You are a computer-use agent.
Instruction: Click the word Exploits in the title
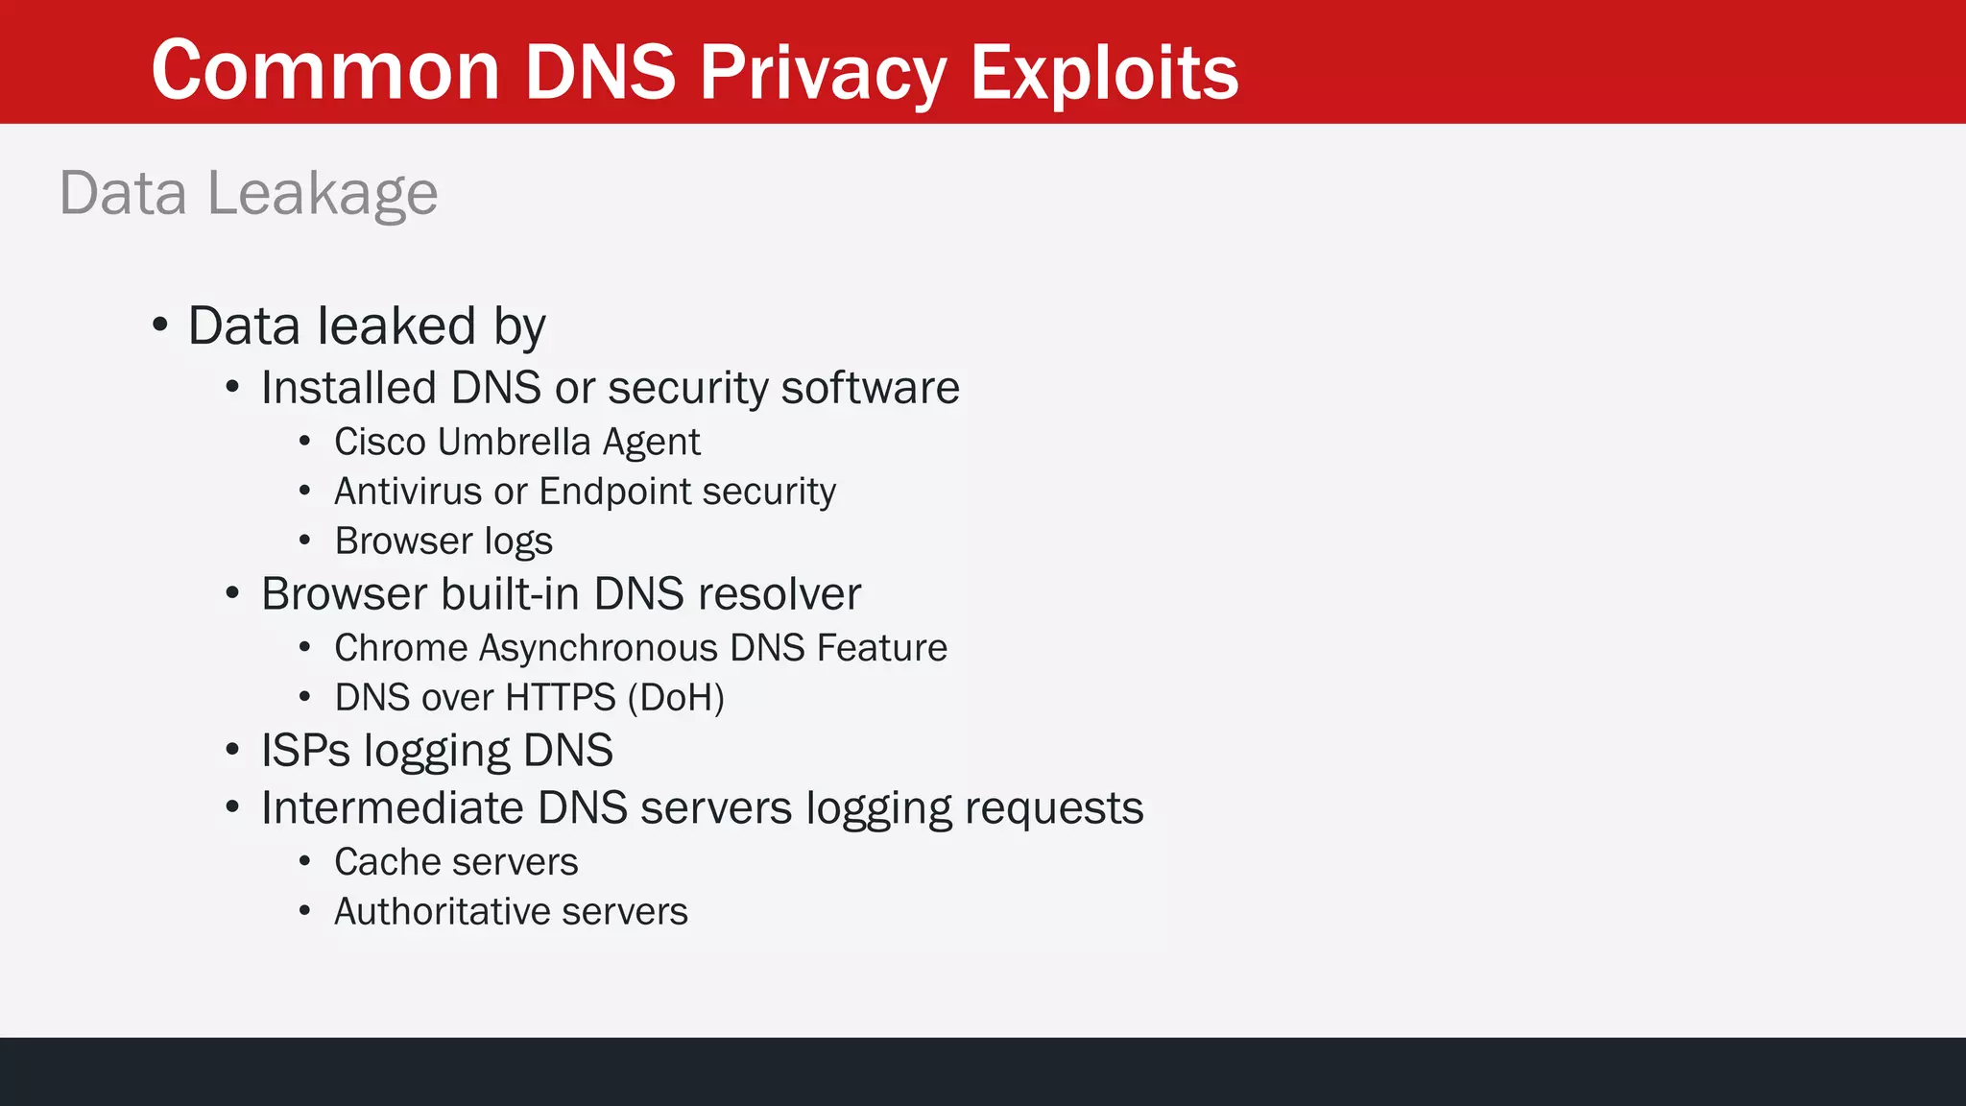pyautogui.click(x=1104, y=72)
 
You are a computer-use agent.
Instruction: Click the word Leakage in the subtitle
pyautogui.click(x=323, y=194)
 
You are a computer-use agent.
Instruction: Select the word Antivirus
pyautogui.click(x=408, y=492)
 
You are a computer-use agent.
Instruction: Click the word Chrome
pyautogui.click(x=400, y=648)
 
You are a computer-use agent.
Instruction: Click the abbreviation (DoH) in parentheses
pyautogui.click(x=676, y=698)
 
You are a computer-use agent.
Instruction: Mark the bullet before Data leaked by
pyautogui.click(x=160, y=325)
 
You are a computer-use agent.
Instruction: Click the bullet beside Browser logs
pyautogui.click(x=304, y=541)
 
